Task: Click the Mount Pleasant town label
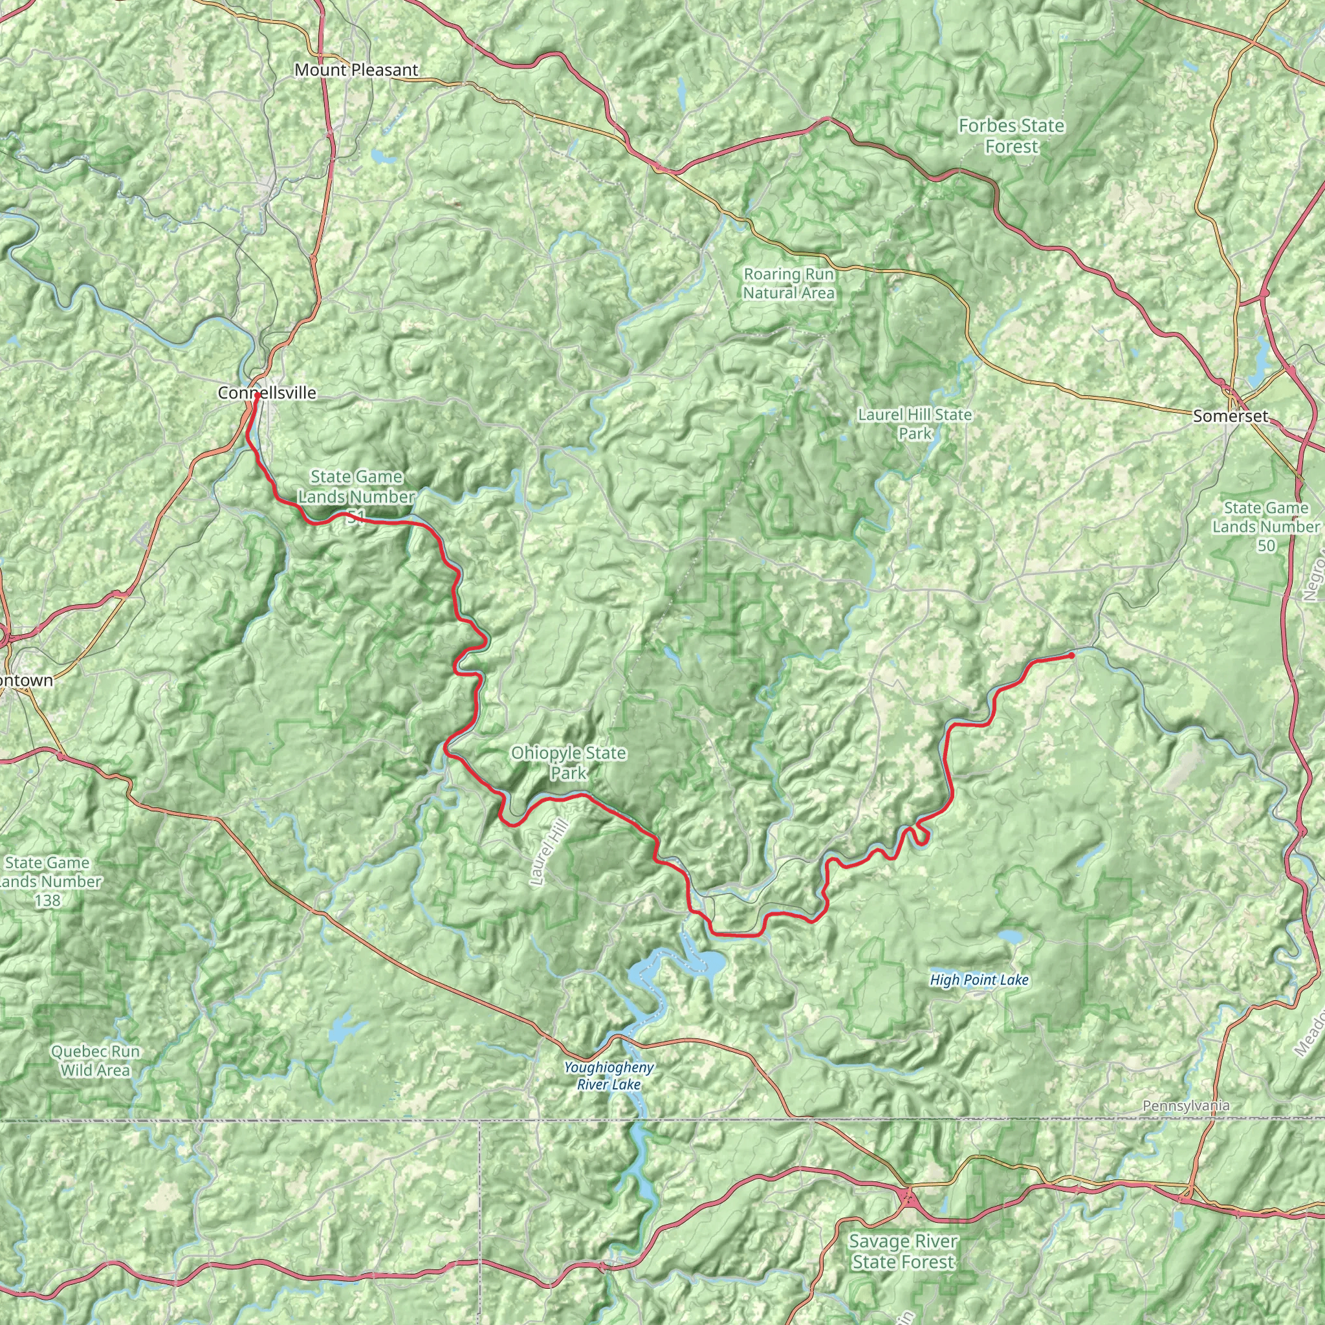coord(356,70)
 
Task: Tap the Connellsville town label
coord(267,393)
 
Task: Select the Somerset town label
coord(1231,416)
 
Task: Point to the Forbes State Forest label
coord(1011,136)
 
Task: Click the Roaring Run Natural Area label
coord(789,283)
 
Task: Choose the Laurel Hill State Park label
coord(914,424)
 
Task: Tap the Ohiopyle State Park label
coord(568,763)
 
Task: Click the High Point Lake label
coord(979,980)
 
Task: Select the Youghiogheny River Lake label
coord(608,1075)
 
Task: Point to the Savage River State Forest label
coord(903,1252)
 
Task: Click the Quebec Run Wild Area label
coord(94,1060)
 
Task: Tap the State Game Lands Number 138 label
coord(48,881)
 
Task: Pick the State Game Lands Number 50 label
coord(1265,526)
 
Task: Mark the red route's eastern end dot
coord(1071,655)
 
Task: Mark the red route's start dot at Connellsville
coord(256,396)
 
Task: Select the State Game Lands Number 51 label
coord(355,496)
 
